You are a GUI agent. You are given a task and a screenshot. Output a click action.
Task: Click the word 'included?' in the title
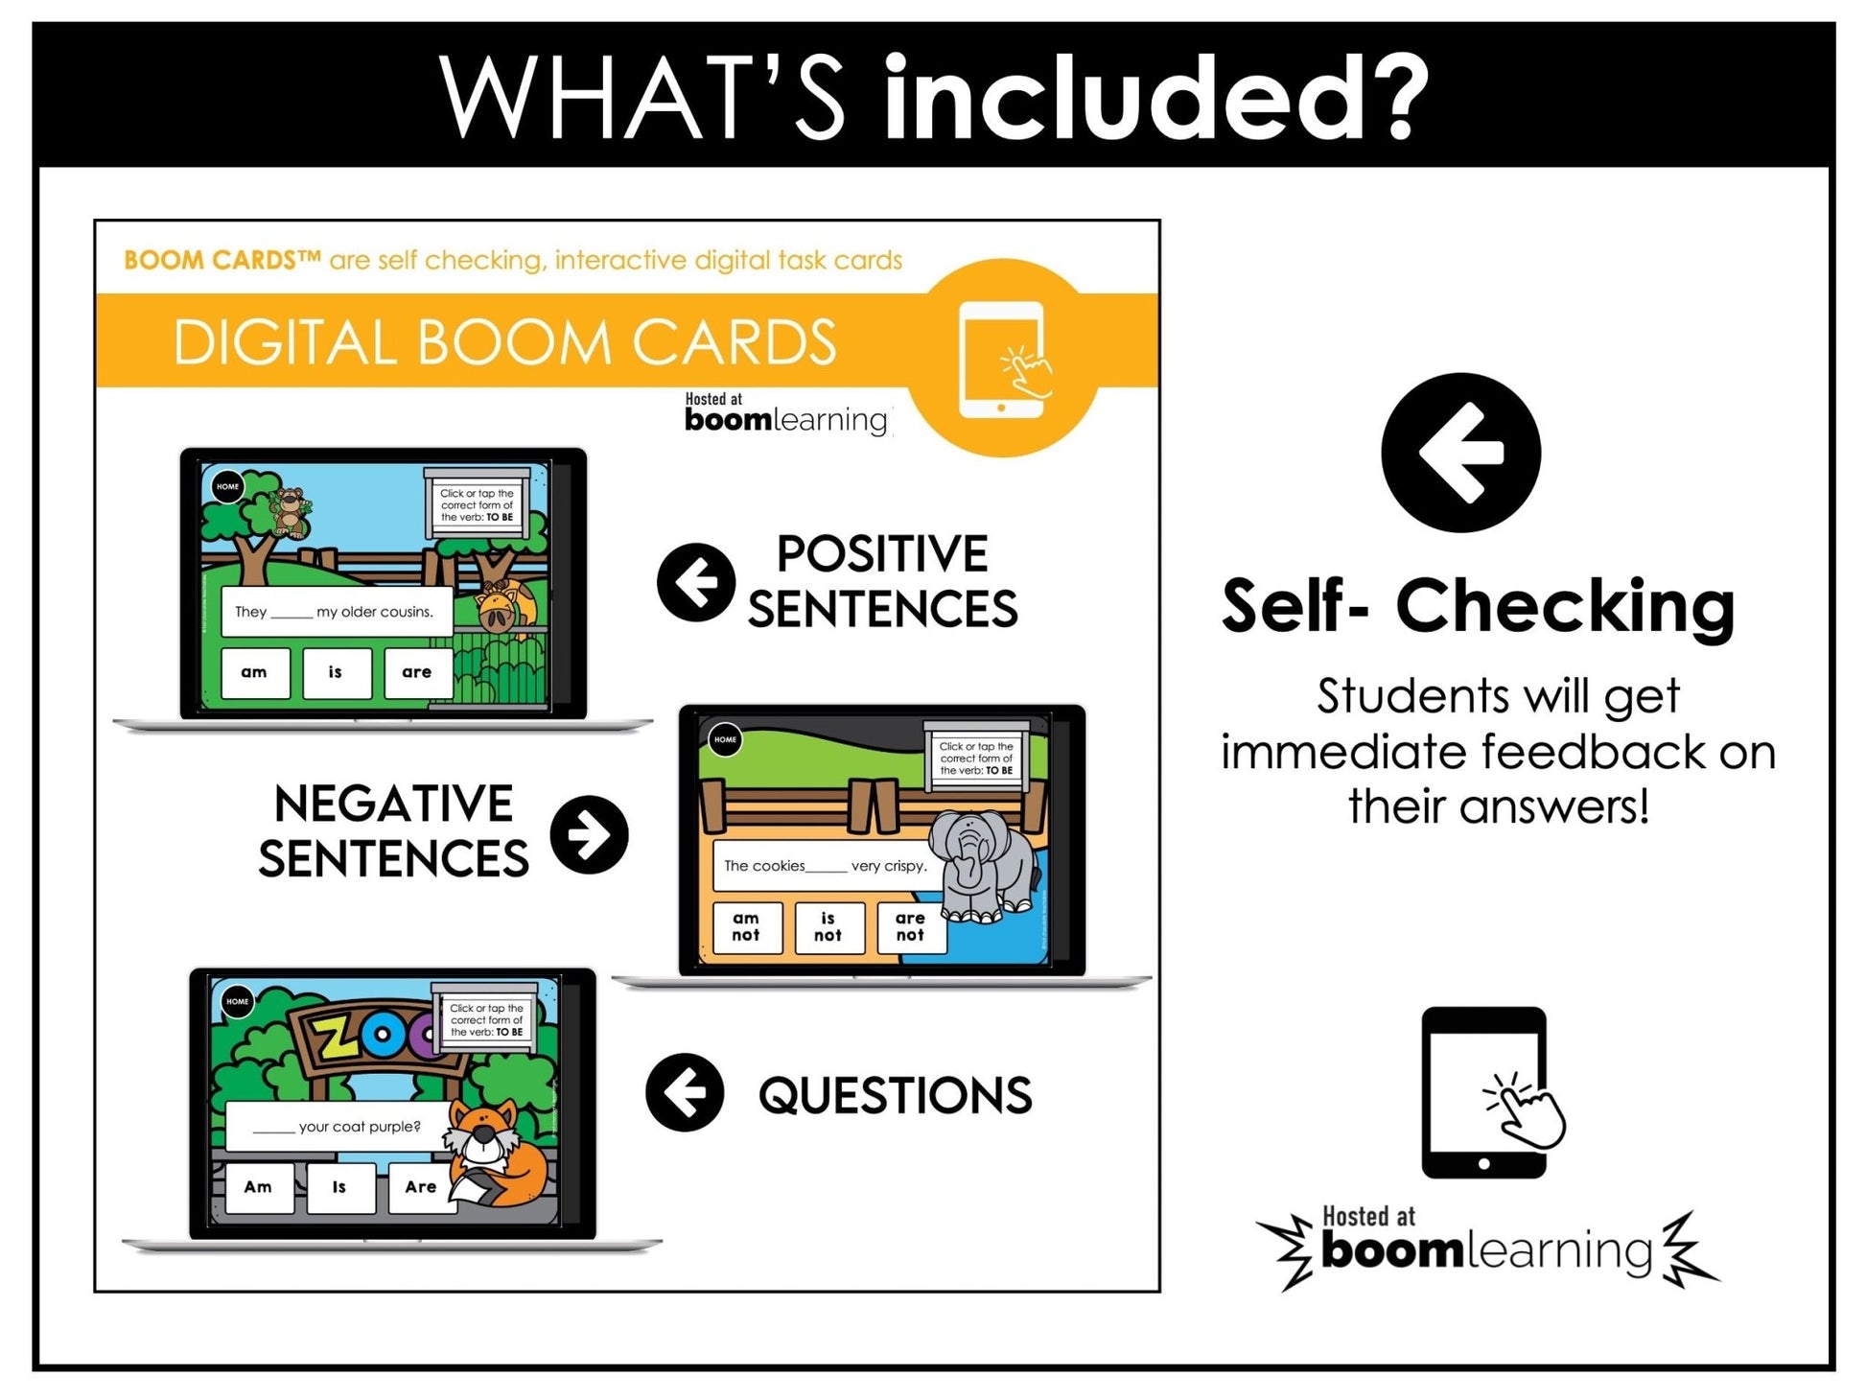coord(1155,98)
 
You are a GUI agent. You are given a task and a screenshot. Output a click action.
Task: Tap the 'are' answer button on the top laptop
coord(416,672)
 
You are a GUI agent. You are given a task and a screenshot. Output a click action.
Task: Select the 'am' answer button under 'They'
coord(254,672)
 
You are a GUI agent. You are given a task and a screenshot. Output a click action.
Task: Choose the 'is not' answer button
coord(828,927)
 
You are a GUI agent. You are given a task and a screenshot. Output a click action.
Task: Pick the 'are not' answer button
coord(910,927)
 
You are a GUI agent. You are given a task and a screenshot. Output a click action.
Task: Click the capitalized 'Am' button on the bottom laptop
coord(258,1187)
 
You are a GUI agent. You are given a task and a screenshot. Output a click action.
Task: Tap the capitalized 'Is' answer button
coord(339,1187)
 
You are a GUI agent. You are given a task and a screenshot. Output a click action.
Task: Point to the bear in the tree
coord(288,511)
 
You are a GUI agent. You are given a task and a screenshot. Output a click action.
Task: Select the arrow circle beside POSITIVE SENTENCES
coord(696,582)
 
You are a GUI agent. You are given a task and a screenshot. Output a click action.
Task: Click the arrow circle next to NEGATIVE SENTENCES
coord(589,835)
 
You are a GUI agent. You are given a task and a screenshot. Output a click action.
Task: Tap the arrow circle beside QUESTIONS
coord(685,1092)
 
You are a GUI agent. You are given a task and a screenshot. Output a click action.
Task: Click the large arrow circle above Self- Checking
coord(1460,453)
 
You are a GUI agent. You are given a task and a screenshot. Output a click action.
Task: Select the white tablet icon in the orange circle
coord(1003,360)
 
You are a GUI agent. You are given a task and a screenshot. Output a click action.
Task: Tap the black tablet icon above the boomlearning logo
coord(1484,1092)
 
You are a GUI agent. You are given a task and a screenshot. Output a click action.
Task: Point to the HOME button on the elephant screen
coord(725,740)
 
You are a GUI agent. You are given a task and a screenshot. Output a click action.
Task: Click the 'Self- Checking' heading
coord(1478,607)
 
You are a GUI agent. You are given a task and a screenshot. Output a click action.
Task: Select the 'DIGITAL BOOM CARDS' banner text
coord(504,342)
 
